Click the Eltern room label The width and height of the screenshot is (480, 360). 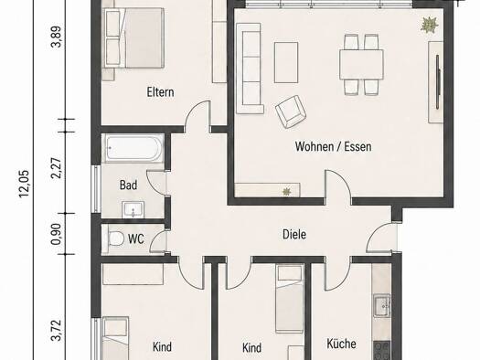160,92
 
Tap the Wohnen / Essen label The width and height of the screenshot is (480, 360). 334,146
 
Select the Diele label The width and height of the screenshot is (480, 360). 294,234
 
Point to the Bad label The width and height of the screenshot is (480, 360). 128,185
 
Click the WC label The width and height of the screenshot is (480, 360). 136,238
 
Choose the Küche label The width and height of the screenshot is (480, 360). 341,344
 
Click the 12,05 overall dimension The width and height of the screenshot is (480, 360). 24,184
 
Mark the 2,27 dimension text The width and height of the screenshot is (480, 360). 58,168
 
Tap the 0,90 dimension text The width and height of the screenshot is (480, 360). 58,234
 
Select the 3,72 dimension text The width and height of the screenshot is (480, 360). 58,331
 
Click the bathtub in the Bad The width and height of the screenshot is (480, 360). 135,148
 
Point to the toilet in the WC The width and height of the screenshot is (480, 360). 115,238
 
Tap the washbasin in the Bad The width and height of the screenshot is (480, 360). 133,209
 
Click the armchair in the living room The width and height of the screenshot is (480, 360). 291,111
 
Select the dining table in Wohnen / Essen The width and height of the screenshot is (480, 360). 361,65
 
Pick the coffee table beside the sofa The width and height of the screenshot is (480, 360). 286,63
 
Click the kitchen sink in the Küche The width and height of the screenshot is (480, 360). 382,306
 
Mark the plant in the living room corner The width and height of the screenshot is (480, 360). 430,25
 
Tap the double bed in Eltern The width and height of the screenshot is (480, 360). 134,37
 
